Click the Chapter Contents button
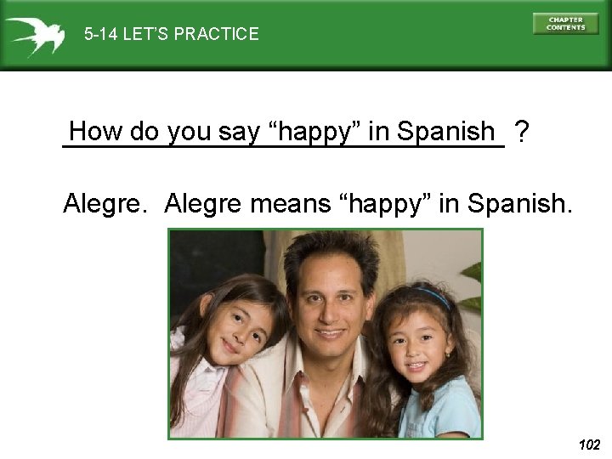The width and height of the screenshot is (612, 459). point(565,24)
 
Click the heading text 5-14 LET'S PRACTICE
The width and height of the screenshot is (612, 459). point(171,35)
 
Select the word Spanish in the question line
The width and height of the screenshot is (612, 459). point(445,132)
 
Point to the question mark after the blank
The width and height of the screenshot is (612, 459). point(523,132)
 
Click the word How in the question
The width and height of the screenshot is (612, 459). point(94,132)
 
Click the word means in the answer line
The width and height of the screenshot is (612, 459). point(289,204)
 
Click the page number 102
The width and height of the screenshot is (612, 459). point(588,445)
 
